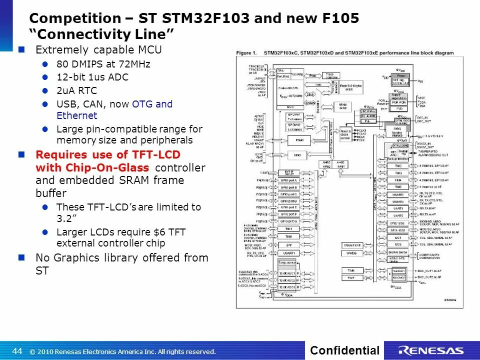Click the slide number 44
tap(17, 350)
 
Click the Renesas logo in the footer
tap(431, 350)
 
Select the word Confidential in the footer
tap(344, 350)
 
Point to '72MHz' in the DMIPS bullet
tap(134, 64)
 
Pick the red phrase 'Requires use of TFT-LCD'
tap(108, 154)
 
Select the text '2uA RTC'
tap(76, 90)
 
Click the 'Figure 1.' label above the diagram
tap(246, 53)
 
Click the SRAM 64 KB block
tap(342, 107)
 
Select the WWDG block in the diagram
tap(351, 253)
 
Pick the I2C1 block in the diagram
tap(397, 237)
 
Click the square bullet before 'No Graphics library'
tap(21, 257)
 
